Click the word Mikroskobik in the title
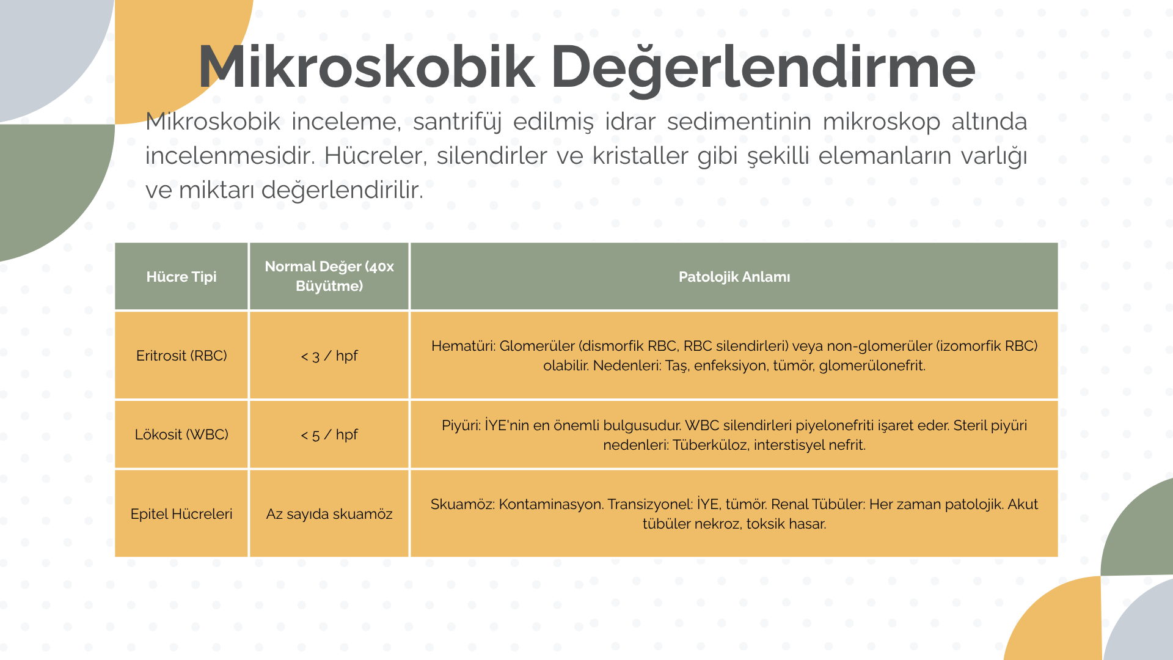tap(367, 67)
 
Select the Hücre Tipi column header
tap(181, 277)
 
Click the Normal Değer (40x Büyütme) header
tap(329, 276)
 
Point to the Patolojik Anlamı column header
tap(734, 277)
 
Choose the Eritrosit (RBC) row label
tap(181, 356)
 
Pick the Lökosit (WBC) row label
tap(181, 435)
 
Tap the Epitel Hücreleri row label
tap(181, 514)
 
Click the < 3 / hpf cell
tap(329, 356)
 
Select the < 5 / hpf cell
tap(329, 435)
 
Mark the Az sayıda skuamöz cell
tap(329, 514)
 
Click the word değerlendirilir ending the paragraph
tap(342, 190)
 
